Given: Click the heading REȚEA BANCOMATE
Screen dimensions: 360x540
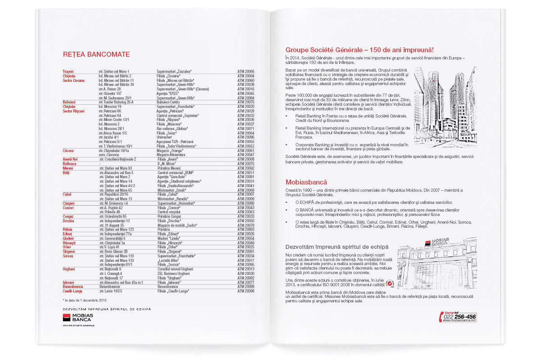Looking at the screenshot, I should coord(96,55).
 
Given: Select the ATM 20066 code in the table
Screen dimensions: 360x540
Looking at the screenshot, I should coord(246,72).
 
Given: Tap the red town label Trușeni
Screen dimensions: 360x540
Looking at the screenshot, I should coord(68,72).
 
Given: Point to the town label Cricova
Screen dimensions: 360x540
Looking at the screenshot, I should coord(69,151).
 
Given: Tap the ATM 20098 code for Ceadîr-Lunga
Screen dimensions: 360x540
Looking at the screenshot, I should coord(246,291).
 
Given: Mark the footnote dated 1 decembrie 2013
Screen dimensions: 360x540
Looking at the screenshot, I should coord(85,300).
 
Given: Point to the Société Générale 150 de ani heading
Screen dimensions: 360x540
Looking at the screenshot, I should coord(363,50).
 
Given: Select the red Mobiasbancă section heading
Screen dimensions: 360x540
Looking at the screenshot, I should coord(306,183).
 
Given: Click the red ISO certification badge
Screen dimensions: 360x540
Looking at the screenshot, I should coord(390,284).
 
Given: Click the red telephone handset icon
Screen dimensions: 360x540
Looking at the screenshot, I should coord(441,317).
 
